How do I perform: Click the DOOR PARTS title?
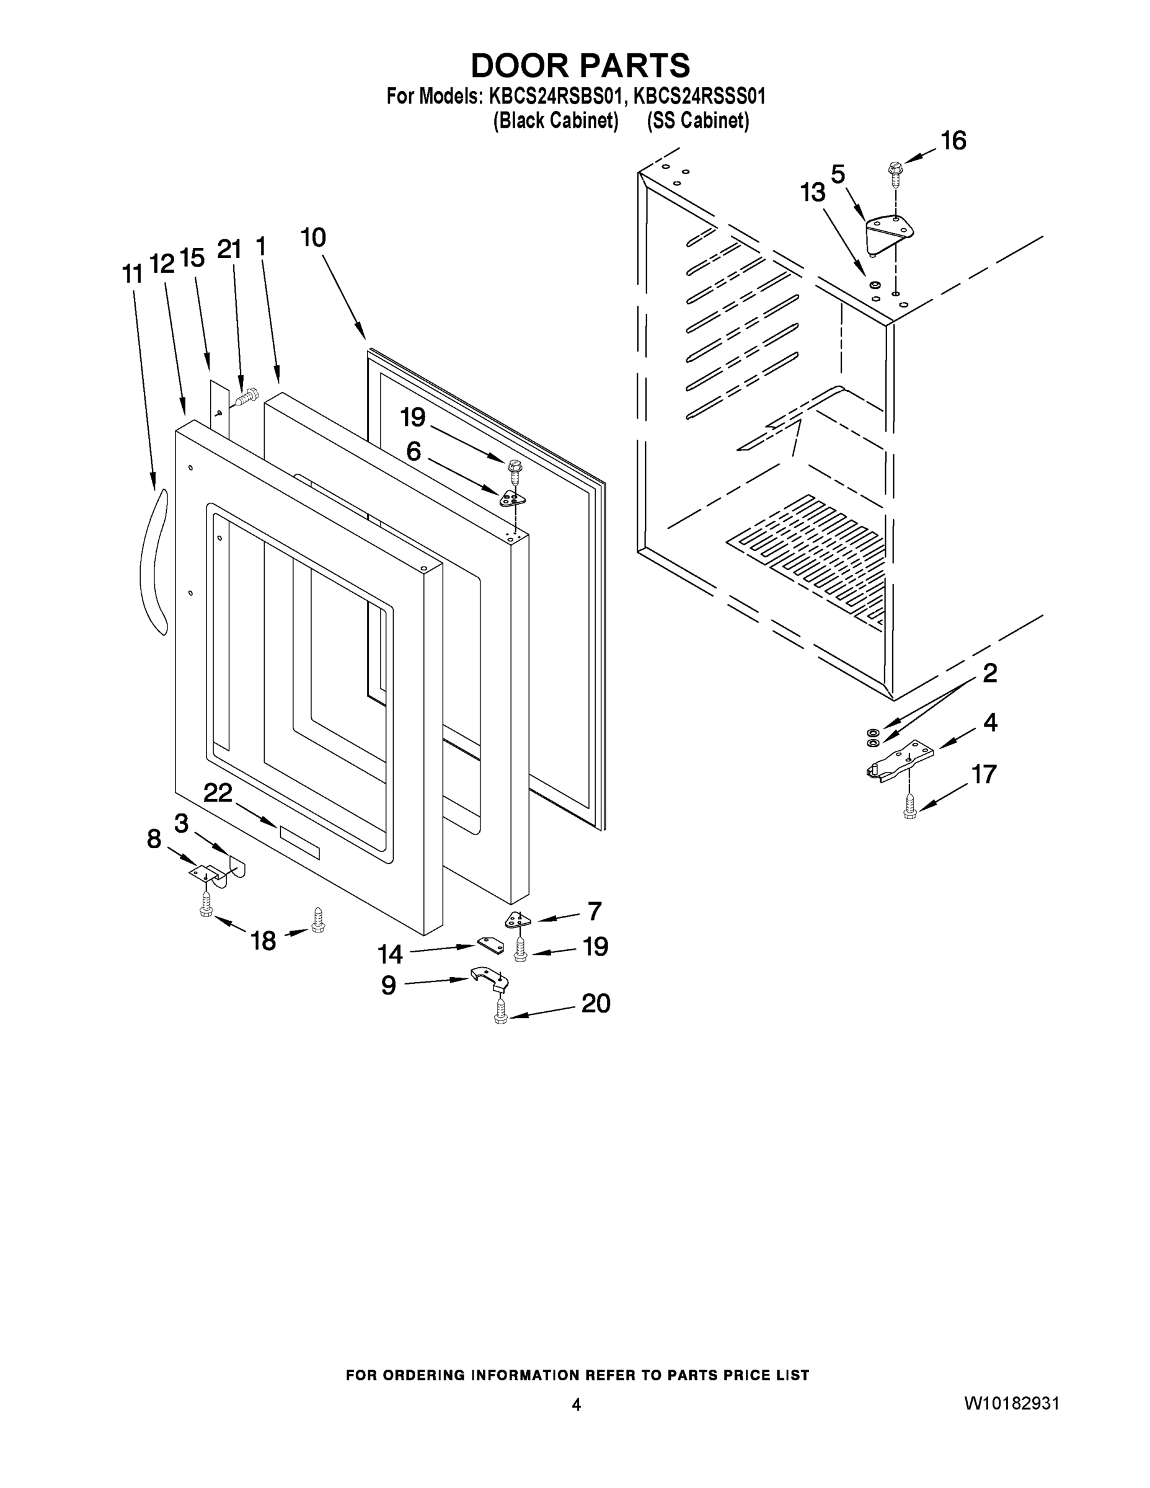[x=580, y=66]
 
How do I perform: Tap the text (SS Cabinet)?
[x=697, y=121]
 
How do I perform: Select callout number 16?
[x=953, y=141]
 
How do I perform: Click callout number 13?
[x=813, y=193]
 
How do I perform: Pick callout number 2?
[x=989, y=673]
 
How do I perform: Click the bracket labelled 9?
[x=489, y=978]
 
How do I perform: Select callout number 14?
[x=391, y=955]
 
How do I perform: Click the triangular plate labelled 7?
[x=518, y=921]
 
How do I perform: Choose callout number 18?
[x=263, y=941]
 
